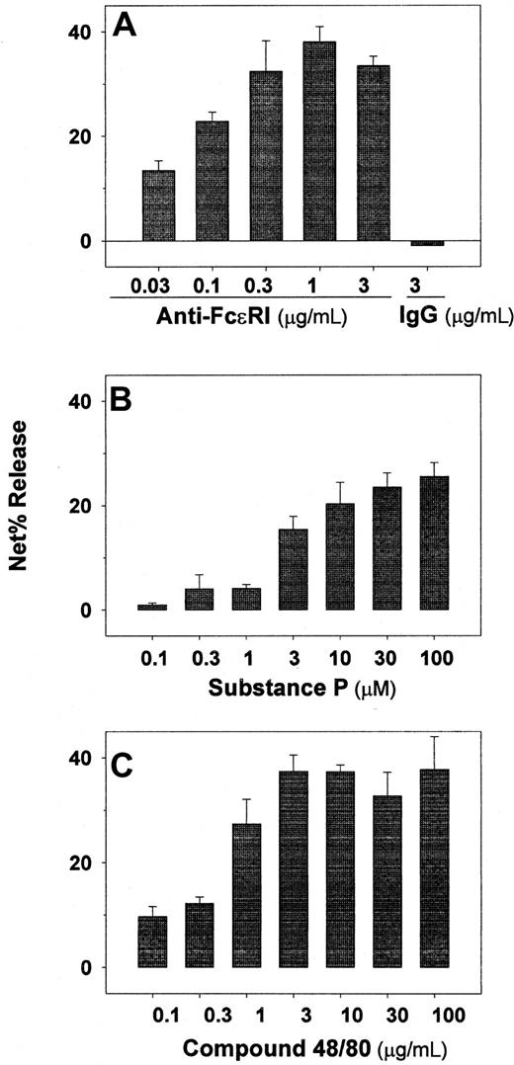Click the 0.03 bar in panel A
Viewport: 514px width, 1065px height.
[158, 205]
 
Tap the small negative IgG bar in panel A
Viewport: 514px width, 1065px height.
[427, 243]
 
